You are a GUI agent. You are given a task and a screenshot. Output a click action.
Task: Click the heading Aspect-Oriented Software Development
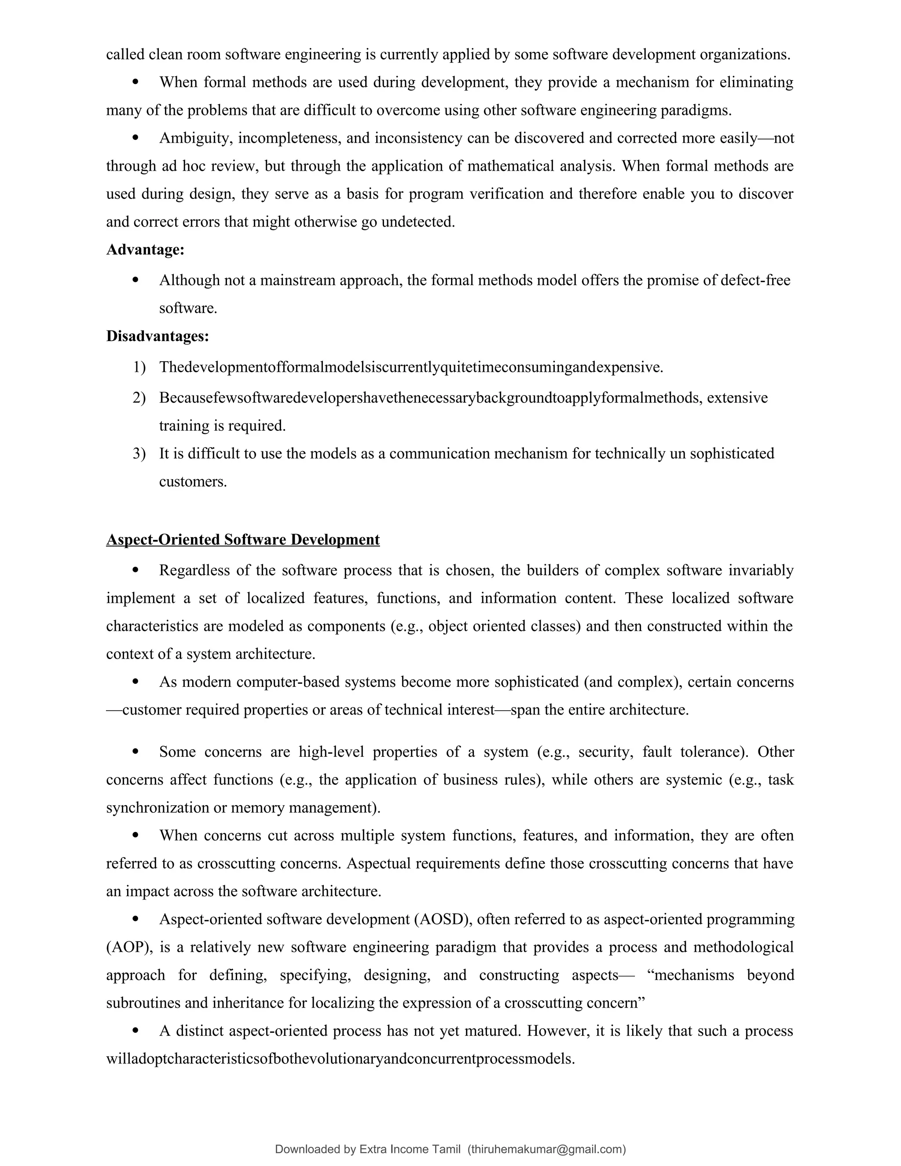(x=243, y=540)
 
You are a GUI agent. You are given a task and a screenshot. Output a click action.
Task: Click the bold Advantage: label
(x=145, y=249)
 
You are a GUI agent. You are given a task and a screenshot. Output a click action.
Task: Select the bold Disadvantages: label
(x=157, y=336)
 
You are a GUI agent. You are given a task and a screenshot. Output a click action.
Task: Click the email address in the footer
(x=546, y=1149)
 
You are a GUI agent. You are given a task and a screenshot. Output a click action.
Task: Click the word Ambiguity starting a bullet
(x=195, y=138)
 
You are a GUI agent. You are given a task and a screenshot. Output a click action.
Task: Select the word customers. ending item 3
(x=193, y=481)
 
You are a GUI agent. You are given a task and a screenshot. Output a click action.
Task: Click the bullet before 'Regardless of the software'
(x=135, y=570)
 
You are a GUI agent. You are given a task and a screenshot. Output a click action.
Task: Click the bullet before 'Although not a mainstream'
(x=135, y=280)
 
